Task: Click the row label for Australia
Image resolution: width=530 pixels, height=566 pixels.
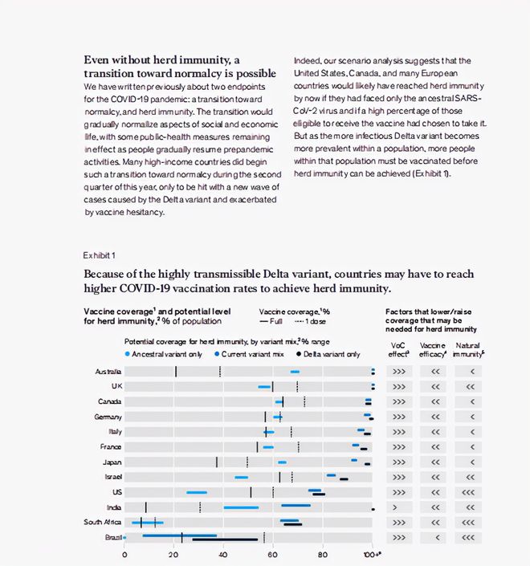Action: coord(108,372)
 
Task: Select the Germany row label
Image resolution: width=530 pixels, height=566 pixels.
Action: coord(108,417)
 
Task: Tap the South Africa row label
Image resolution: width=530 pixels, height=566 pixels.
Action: coord(102,522)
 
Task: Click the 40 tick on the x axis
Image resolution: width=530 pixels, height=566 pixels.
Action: coord(223,554)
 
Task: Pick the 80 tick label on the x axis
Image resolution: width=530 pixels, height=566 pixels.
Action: coord(322,554)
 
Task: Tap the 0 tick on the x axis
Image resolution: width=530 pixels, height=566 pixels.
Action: coord(124,554)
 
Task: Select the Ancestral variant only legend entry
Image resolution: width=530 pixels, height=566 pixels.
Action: coord(165,354)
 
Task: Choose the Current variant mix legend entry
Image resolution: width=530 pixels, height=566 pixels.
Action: coord(249,354)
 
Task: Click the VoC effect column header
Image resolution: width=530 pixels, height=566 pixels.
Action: coord(398,350)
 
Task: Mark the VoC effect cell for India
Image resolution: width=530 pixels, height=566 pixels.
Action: coord(398,507)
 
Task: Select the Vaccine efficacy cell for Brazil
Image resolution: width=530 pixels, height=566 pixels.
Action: coord(435,537)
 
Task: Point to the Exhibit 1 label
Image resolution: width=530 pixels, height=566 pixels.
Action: coord(100,255)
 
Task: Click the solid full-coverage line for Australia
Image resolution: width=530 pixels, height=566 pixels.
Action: coord(176,372)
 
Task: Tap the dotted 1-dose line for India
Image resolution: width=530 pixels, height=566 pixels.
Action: coord(200,507)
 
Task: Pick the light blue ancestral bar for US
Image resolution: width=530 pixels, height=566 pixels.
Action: coord(197,492)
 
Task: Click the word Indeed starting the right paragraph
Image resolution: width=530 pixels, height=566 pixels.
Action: coord(307,61)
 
